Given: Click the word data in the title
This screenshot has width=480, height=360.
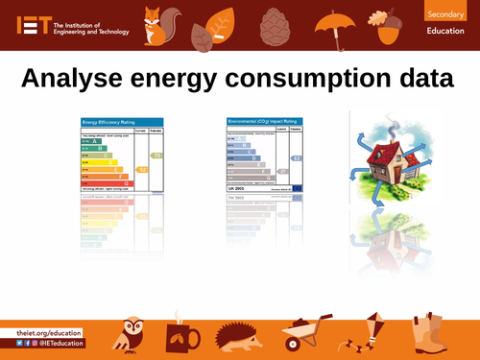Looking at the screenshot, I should pos(429,78).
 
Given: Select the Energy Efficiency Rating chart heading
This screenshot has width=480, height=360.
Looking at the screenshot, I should pos(107,123).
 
